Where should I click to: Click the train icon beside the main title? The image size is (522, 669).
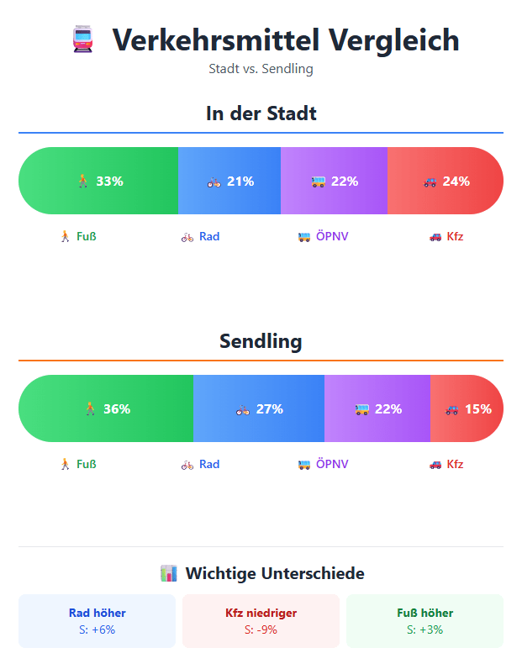(82, 40)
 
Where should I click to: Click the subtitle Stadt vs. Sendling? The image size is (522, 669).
(261, 69)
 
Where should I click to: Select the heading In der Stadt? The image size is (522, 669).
(261, 113)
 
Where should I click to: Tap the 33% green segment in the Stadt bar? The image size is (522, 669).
(98, 181)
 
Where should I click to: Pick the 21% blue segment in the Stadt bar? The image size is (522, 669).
(229, 181)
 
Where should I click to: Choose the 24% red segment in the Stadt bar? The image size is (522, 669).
(446, 181)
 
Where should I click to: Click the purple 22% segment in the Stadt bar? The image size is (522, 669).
(334, 181)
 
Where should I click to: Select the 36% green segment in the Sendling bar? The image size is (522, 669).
(106, 408)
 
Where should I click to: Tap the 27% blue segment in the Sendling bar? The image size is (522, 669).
(259, 408)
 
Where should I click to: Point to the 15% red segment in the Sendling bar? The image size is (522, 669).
(467, 408)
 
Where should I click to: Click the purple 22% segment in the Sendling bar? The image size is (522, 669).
(377, 408)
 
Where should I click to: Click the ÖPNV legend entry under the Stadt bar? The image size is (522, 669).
(323, 236)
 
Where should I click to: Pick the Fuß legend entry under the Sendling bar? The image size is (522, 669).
(77, 464)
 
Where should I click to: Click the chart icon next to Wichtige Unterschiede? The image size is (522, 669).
(168, 573)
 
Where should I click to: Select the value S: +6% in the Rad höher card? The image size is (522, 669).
(98, 629)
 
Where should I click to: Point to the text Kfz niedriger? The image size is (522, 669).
(261, 613)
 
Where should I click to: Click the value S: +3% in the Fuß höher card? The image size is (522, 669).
(424, 629)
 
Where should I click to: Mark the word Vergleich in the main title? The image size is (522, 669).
(393, 40)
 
